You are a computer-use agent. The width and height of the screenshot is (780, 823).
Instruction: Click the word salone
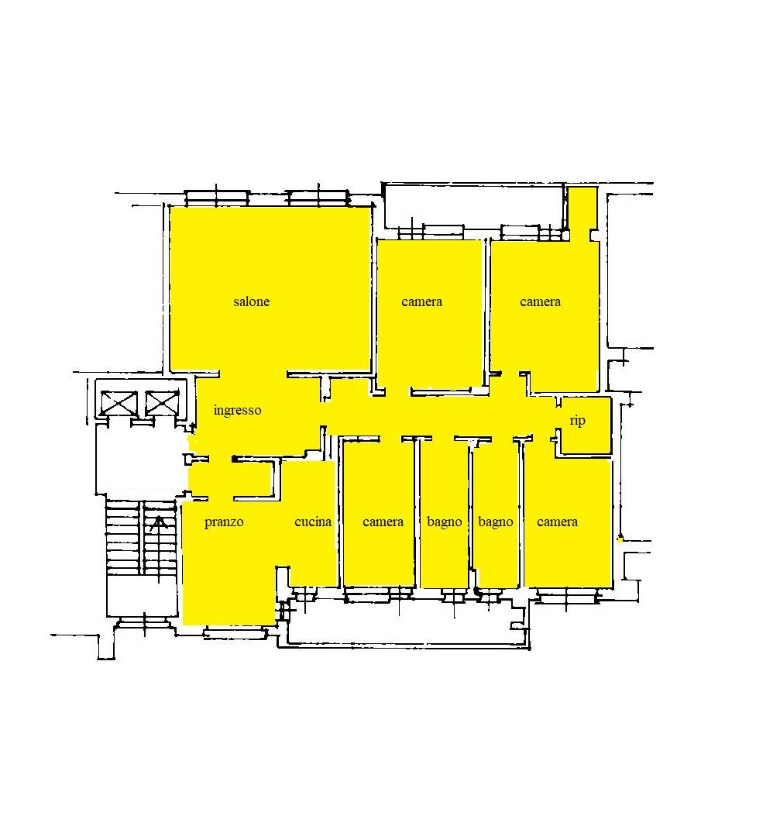click(x=251, y=301)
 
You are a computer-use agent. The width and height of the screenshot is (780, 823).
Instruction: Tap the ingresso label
click(x=237, y=410)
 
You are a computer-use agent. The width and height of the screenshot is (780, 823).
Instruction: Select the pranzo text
click(x=224, y=522)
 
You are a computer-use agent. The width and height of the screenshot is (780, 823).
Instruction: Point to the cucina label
click(x=313, y=522)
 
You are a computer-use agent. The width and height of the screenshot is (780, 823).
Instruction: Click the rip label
click(x=577, y=421)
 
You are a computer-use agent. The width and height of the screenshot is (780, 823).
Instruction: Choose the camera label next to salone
click(x=421, y=301)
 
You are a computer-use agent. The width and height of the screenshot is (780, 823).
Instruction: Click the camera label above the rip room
click(x=540, y=301)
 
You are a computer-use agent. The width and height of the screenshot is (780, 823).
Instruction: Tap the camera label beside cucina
click(x=383, y=522)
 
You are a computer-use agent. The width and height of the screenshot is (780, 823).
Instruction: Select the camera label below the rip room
click(x=557, y=522)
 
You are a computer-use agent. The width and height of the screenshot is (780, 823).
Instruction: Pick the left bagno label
click(x=445, y=522)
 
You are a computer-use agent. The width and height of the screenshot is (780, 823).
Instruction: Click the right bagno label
click(x=495, y=522)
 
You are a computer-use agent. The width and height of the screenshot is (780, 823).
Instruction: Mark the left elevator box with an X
click(x=119, y=403)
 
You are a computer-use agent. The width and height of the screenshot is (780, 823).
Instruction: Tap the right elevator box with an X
click(x=162, y=403)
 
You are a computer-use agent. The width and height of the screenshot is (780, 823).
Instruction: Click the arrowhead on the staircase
click(x=159, y=522)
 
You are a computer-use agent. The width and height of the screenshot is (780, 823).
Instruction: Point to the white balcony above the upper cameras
click(x=474, y=206)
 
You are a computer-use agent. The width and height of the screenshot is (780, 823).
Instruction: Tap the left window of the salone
click(x=217, y=198)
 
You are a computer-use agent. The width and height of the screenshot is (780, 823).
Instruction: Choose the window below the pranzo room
click(x=235, y=632)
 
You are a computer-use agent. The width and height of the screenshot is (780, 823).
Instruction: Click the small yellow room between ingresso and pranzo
click(x=230, y=479)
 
